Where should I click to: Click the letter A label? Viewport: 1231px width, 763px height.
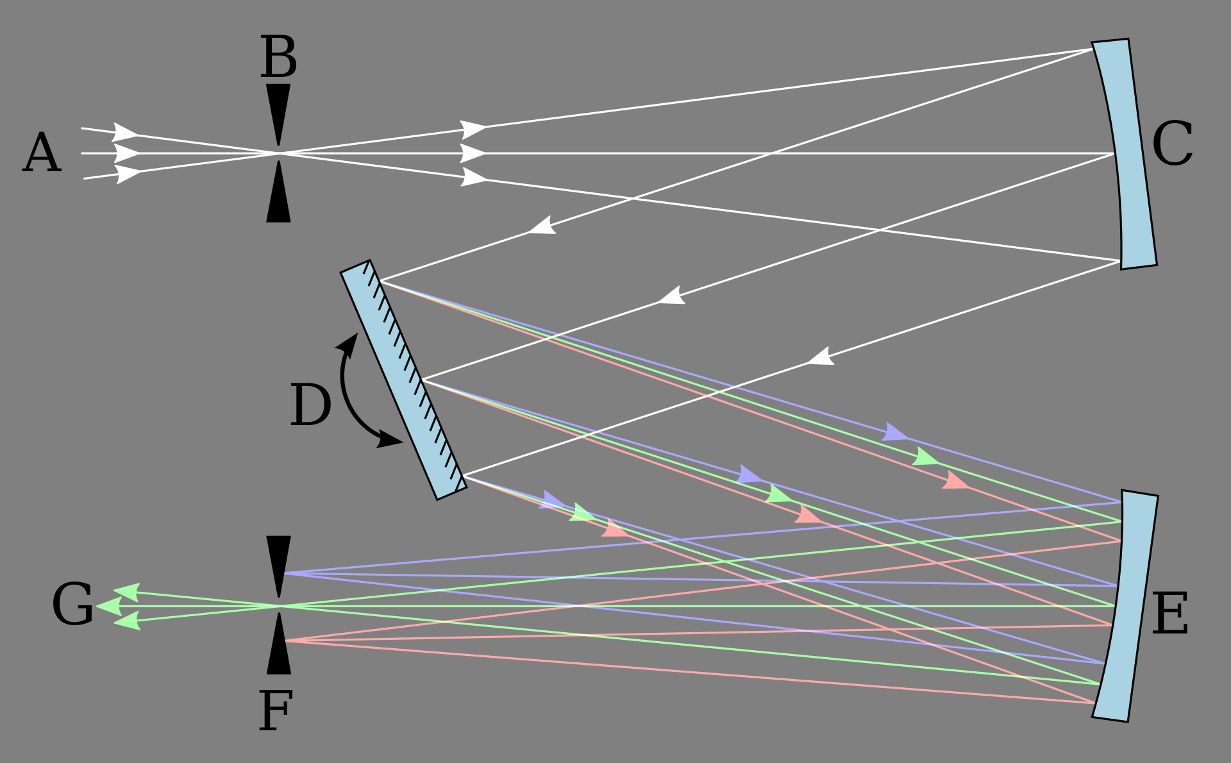tap(42, 153)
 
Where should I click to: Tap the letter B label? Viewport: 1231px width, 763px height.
tap(278, 57)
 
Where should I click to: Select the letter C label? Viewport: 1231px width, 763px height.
tap(1172, 144)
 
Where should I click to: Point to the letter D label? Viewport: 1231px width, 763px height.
tap(311, 405)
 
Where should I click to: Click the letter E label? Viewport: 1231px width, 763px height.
tap(1170, 614)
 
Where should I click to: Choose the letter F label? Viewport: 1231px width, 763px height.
tap(276, 710)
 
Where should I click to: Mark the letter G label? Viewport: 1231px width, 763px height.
tap(72, 604)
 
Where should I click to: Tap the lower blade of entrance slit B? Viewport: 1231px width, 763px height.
tap(278, 192)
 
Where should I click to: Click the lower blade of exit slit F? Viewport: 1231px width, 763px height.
tap(278, 643)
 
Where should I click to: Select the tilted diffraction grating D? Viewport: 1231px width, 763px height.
tap(403, 380)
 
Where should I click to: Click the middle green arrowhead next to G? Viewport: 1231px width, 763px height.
tap(109, 606)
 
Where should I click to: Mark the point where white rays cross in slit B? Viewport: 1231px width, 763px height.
tap(278, 153)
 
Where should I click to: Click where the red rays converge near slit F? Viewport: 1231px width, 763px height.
tap(285, 641)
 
